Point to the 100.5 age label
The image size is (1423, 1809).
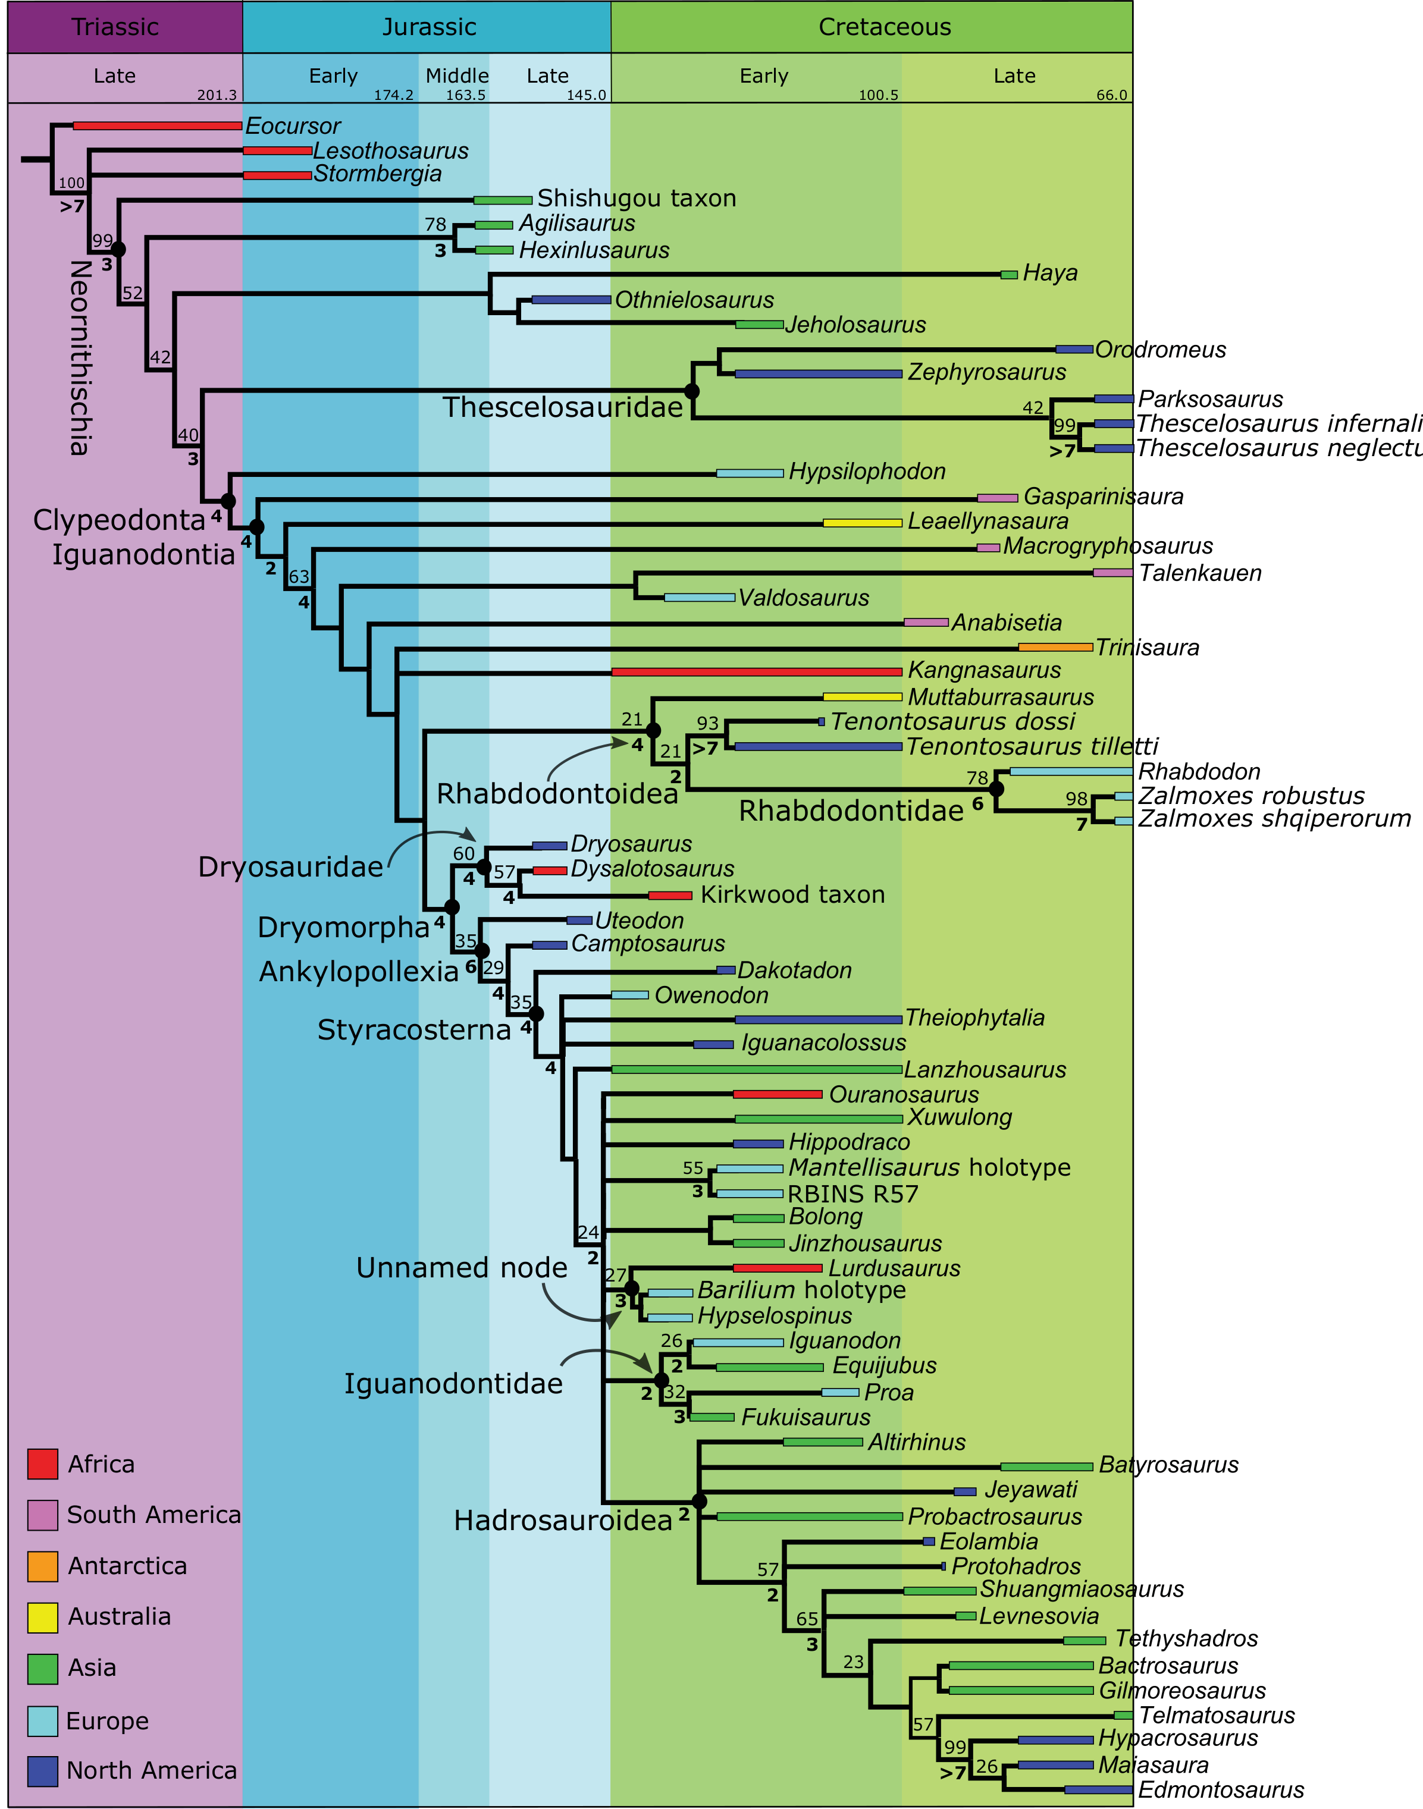point(878,95)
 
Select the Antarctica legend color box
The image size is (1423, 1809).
point(42,1566)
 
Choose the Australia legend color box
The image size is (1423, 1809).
point(42,1616)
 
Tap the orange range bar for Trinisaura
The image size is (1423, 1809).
point(1055,647)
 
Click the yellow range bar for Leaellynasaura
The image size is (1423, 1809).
point(862,523)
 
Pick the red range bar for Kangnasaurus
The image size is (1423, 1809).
point(757,671)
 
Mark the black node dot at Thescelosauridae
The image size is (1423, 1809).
point(691,391)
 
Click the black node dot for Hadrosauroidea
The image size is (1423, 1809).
point(700,1501)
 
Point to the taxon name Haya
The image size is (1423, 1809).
point(1050,273)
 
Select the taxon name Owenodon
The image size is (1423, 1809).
point(711,995)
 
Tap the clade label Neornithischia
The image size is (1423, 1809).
point(80,357)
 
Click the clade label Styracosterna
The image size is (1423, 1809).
point(414,1030)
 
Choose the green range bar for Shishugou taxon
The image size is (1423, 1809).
point(502,200)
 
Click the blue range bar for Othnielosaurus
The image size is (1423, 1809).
point(571,300)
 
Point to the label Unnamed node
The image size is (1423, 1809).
point(462,1268)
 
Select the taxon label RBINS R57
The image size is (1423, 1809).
point(852,1194)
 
